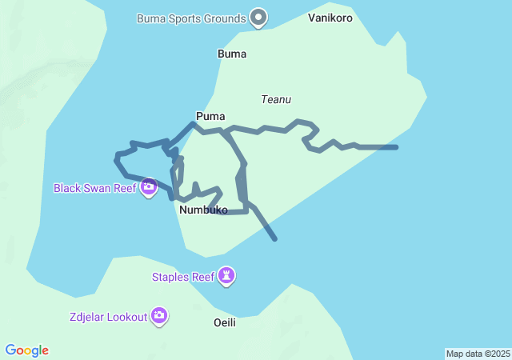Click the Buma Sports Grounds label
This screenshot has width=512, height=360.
pyautogui.click(x=190, y=18)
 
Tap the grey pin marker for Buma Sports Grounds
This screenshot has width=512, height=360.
pyautogui.click(x=258, y=17)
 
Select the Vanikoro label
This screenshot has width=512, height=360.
pyautogui.click(x=330, y=18)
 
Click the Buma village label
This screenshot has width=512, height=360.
pyautogui.click(x=232, y=54)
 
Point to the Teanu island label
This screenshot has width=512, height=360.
pyautogui.click(x=276, y=99)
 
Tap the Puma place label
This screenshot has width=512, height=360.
pyautogui.click(x=210, y=116)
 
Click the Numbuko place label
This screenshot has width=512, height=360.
pyautogui.click(x=203, y=210)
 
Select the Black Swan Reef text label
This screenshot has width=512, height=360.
pyautogui.click(x=94, y=189)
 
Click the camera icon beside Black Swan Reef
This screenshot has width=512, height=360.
pyautogui.click(x=148, y=188)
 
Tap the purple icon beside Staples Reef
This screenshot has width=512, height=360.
pyautogui.click(x=228, y=277)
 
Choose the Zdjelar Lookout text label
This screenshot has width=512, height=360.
pyautogui.click(x=108, y=317)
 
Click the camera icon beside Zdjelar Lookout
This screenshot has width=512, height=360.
pyautogui.click(x=159, y=316)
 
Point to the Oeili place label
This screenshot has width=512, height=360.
pyautogui.click(x=226, y=322)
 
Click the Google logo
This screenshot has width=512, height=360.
pyautogui.click(x=27, y=350)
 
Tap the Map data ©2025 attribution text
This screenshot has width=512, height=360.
pyautogui.click(x=478, y=354)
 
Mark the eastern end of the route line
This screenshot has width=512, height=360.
pyautogui.click(x=396, y=147)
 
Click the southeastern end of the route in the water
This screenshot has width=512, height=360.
pyautogui.click(x=274, y=238)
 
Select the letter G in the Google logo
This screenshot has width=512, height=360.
pyautogui.click(x=10, y=350)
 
